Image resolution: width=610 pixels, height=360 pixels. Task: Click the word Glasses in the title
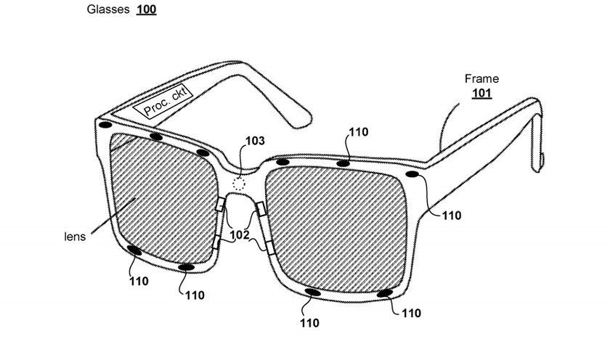(x=107, y=9)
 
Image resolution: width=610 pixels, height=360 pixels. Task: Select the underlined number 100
(x=146, y=9)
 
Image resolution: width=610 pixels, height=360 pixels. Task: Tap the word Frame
(x=481, y=79)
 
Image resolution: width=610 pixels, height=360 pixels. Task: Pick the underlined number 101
(x=481, y=94)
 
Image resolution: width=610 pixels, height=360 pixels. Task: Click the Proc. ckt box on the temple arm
(x=163, y=101)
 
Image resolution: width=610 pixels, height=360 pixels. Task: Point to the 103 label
(x=255, y=141)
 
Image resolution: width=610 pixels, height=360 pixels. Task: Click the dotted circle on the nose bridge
(x=239, y=183)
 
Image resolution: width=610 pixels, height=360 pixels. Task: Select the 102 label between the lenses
(x=239, y=235)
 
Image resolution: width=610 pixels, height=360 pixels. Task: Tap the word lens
(x=75, y=237)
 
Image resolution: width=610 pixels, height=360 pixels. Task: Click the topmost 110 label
(x=358, y=132)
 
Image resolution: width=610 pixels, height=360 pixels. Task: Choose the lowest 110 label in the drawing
(x=309, y=323)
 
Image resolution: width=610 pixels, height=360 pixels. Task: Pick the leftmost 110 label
(x=139, y=281)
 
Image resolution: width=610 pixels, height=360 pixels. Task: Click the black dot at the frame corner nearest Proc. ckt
(x=105, y=125)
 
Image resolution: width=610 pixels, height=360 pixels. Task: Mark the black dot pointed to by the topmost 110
(x=343, y=164)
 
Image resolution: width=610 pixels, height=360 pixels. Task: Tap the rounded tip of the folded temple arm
(x=303, y=121)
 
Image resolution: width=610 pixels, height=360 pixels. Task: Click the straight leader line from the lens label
(x=113, y=216)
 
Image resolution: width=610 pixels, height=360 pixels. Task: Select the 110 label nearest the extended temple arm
(x=451, y=216)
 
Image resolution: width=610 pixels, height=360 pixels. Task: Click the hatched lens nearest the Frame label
(x=336, y=229)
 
